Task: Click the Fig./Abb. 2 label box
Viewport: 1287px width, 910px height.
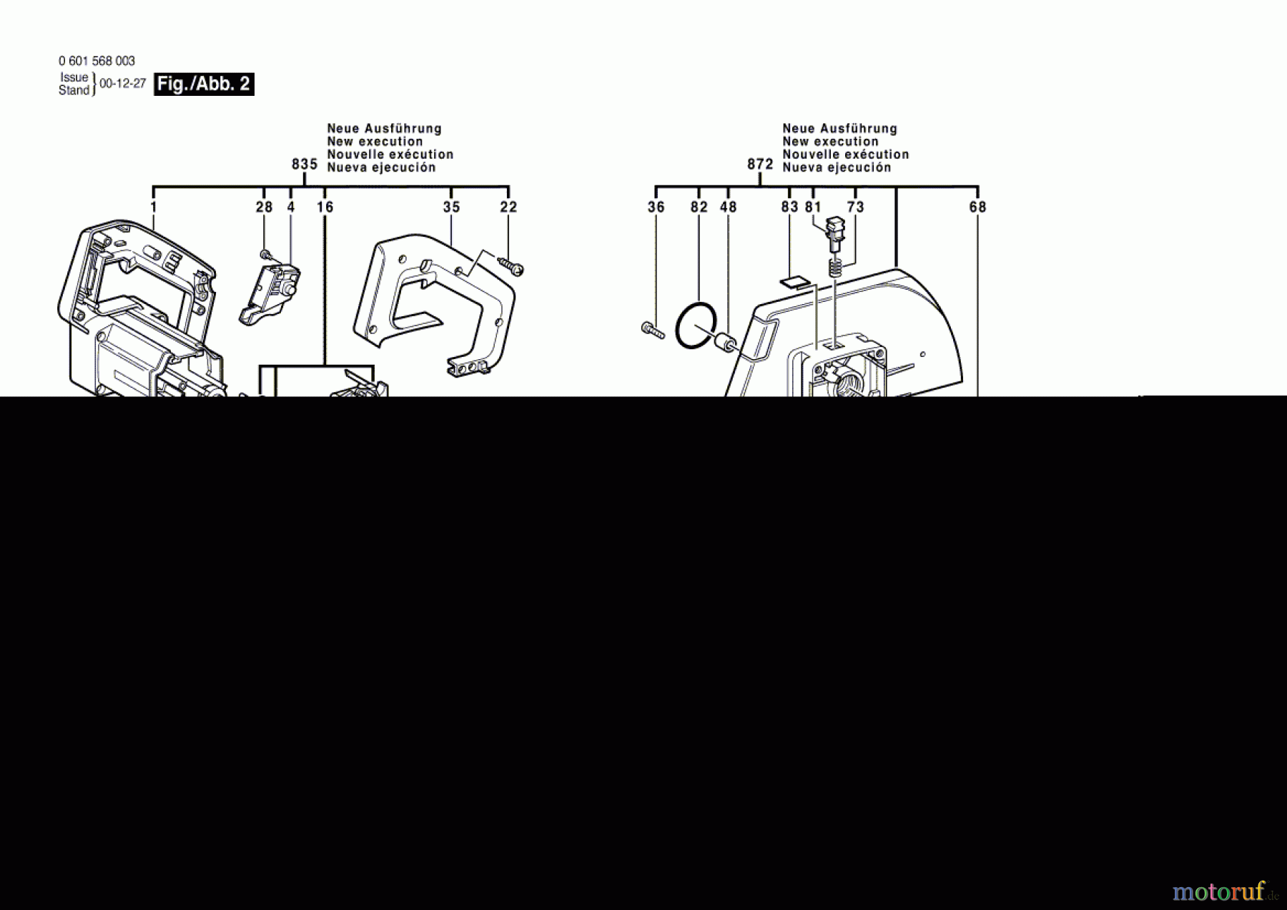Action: [x=204, y=84]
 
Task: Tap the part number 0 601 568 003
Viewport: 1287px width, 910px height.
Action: [x=97, y=62]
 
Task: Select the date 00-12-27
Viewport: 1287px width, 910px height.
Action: [x=122, y=84]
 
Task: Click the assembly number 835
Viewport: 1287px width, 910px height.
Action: [x=305, y=165]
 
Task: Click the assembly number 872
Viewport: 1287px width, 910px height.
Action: [x=760, y=165]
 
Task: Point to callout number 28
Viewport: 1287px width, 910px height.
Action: [x=264, y=207]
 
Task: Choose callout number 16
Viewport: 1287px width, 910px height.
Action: [x=325, y=207]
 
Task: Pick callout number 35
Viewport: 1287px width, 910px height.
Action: [x=451, y=207]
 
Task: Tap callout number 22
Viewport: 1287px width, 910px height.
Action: [x=508, y=207]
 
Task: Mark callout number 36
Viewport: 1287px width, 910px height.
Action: [x=656, y=207]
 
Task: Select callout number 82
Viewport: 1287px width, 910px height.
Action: [x=699, y=207]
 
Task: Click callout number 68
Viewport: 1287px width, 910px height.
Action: [x=977, y=207]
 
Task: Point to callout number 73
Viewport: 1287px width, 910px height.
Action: [x=855, y=207]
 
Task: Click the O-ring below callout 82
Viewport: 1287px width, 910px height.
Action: [x=696, y=326]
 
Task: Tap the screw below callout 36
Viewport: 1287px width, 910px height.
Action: [x=653, y=330]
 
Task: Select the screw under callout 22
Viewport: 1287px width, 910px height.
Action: [x=513, y=268]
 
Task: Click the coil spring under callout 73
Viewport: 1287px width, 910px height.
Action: [x=834, y=270]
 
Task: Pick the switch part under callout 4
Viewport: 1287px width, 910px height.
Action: [x=270, y=295]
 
